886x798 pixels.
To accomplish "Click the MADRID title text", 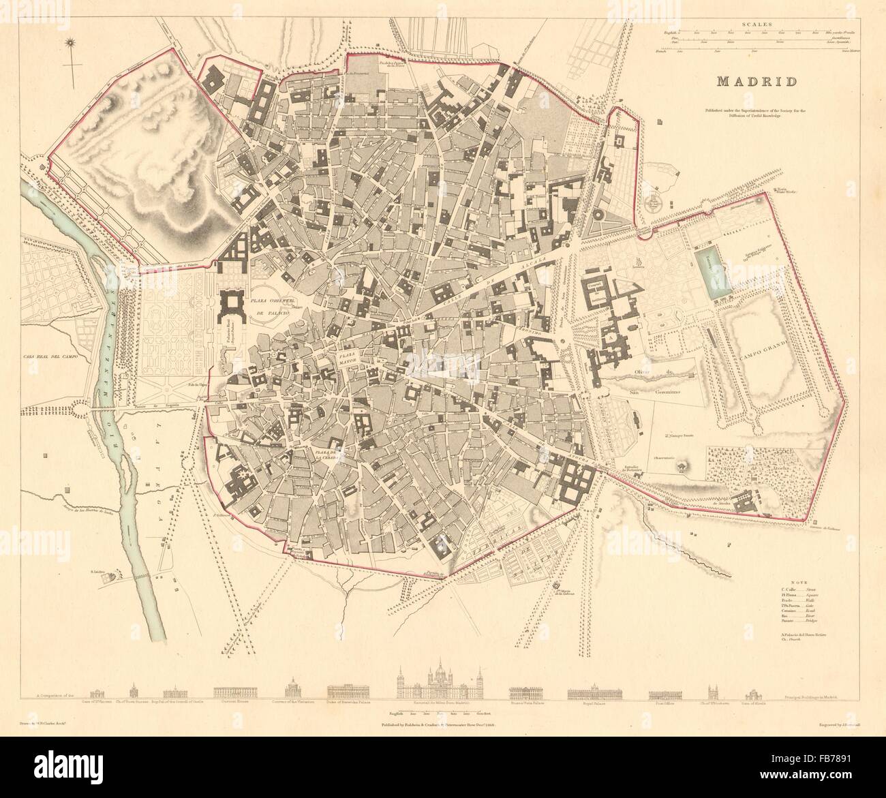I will (758, 82).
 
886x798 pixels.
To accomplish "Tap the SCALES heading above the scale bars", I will (758, 24).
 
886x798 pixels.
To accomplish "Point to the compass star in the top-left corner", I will (69, 45).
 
